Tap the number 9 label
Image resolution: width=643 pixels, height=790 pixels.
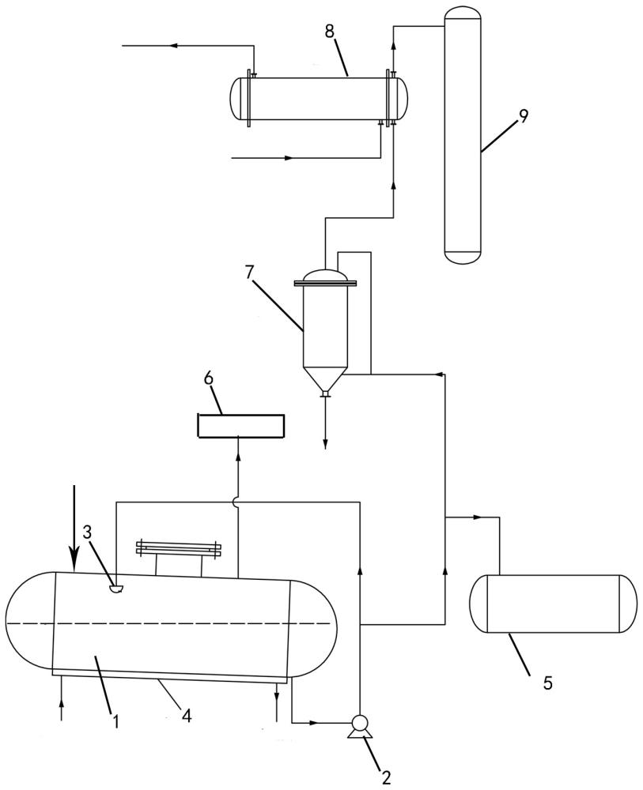click(x=523, y=116)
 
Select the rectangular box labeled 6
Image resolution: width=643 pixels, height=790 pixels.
click(x=241, y=426)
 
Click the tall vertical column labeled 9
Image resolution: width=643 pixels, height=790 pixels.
click(x=463, y=134)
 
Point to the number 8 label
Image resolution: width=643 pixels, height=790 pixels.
click(x=329, y=31)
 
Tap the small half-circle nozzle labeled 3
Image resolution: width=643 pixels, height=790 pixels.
click(x=115, y=588)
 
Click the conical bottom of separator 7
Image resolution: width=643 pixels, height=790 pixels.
click(x=324, y=378)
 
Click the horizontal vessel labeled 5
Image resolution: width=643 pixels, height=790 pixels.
click(x=553, y=604)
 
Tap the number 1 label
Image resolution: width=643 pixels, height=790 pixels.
click(x=115, y=720)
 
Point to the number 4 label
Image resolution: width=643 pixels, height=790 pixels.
click(x=187, y=716)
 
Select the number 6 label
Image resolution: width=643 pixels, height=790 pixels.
click(x=209, y=378)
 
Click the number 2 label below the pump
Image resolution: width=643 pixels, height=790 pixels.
click(x=386, y=777)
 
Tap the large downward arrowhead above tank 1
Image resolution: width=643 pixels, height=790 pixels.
click(x=74, y=562)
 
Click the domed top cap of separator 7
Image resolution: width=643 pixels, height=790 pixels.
click(x=325, y=275)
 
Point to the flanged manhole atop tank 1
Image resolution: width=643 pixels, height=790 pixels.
click(x=179, y=547)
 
